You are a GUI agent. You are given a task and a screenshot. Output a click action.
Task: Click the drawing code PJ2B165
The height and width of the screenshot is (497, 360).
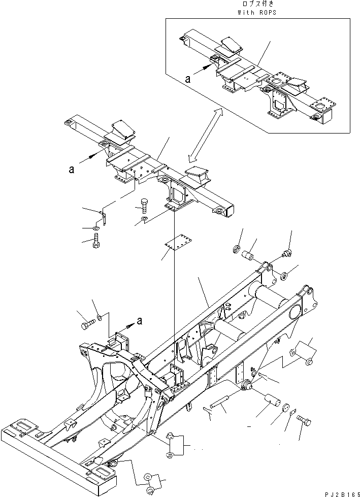(x=339, y=492)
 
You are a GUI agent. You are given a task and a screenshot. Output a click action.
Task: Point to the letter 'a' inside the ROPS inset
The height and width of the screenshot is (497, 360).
(x=188, y=79)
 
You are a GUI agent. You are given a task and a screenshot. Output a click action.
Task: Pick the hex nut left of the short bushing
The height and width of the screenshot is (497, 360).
(x=236, y=249)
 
